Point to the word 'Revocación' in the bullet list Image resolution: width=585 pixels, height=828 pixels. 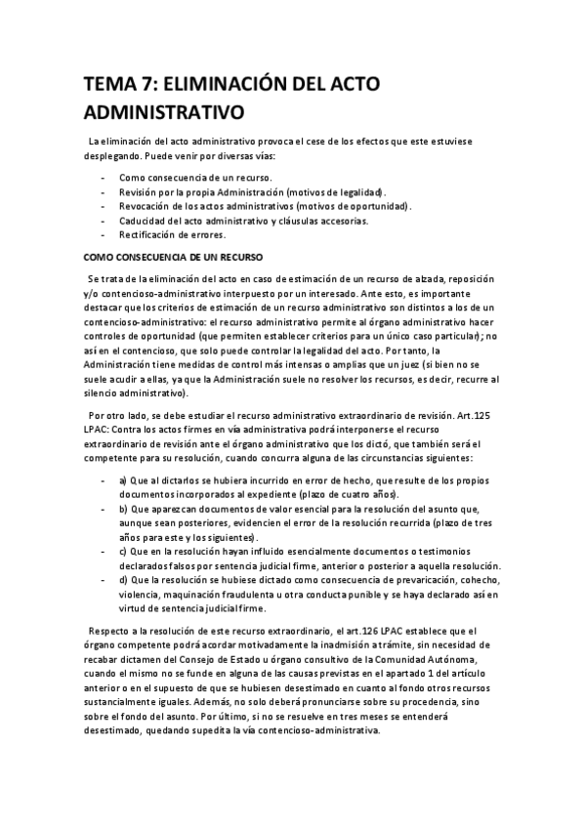146,206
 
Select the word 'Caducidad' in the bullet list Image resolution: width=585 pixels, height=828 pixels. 144,221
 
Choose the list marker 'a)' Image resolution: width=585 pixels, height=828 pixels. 124,481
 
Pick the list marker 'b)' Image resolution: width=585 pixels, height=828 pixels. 124,509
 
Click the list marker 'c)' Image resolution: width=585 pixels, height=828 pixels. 124,551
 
